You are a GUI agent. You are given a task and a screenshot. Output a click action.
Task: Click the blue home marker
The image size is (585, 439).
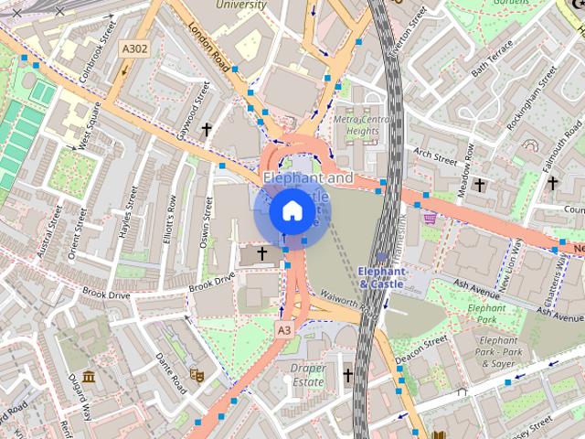[x=292, y=211]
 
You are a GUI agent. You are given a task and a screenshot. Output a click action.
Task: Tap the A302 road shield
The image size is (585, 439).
[x=134, y=49]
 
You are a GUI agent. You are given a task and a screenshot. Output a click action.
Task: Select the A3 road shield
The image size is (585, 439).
[x=284, y=329]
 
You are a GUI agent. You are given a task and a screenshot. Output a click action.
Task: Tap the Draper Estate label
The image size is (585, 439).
[x=308, y=374]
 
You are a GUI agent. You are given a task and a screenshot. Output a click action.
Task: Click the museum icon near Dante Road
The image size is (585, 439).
[x=89, y=377]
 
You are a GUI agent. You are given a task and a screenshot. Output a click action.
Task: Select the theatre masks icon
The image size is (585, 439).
[x=196, y=374]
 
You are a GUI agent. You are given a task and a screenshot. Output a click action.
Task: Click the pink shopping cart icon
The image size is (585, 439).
[x=430, y=218]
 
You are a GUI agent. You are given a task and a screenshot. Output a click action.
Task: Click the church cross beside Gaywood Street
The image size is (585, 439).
[x=207, y=130]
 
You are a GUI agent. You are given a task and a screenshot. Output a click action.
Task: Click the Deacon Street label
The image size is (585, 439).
[x=421, y=350]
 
